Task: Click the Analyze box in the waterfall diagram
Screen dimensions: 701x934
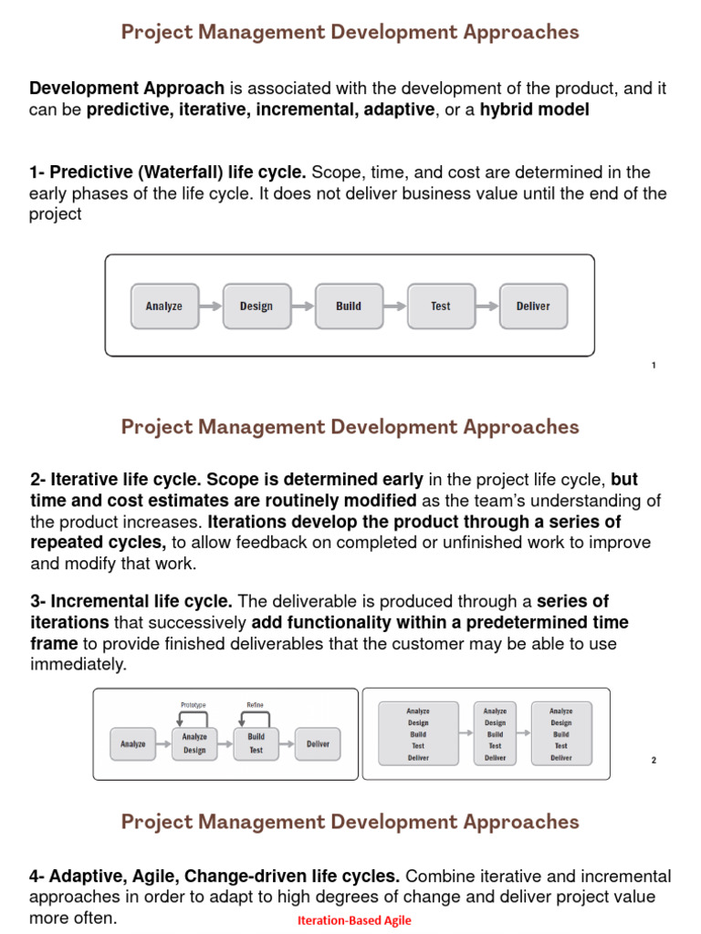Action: pos(163,306)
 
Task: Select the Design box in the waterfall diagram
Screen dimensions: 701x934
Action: pos(256,306)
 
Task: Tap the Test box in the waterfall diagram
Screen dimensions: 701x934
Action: pos(441,306)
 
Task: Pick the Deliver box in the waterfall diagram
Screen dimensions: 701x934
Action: pos(533,306)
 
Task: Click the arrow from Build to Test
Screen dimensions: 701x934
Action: pos(394,306)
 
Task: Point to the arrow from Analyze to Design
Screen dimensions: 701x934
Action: pos(210,306)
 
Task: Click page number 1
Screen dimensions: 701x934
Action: pos(654,366)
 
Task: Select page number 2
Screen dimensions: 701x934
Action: pos(654,760)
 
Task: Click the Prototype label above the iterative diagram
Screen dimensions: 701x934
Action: pos(194,705)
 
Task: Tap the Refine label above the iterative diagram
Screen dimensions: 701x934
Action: pos(256,705)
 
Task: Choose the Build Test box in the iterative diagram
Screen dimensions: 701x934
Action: pos(256,743)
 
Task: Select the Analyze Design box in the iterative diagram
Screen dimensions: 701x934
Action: pos(194,743)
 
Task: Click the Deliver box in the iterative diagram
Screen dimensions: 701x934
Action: pos(318,744)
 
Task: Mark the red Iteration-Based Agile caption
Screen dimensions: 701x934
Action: pos(354,920)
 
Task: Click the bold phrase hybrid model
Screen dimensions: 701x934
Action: pos(535,109)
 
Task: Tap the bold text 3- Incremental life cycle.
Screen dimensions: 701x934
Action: pos(131,601)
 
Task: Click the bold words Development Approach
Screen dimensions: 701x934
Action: pos(127,88)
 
